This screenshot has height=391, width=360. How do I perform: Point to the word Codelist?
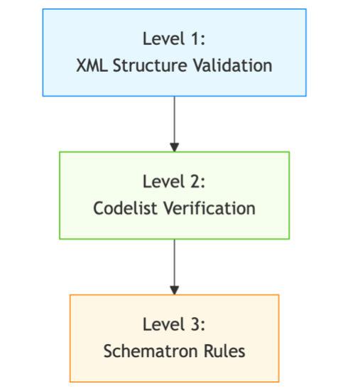[124, 208]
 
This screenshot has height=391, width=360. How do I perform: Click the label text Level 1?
[174, 39]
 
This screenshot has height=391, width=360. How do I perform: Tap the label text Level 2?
[174, 182]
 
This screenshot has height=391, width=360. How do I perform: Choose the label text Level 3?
[174, 325]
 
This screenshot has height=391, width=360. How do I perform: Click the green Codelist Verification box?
[174, 227]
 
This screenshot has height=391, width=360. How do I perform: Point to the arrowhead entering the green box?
[174, 146]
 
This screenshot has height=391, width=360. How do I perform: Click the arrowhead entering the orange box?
[174, 289]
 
